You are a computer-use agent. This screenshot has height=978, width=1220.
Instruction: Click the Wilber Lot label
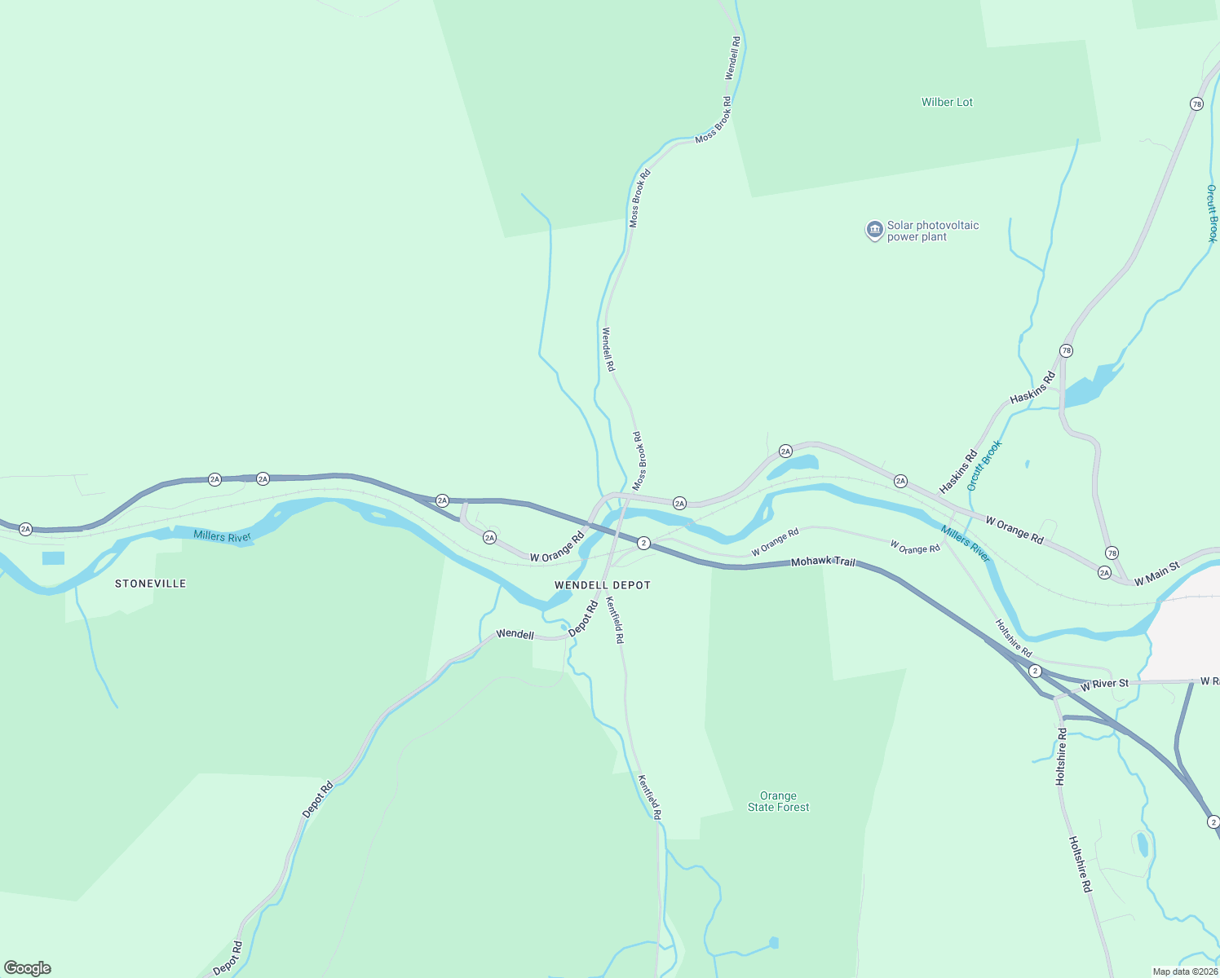tap(947, 102)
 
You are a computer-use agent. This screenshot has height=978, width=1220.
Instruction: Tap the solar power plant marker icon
tap(874, 231)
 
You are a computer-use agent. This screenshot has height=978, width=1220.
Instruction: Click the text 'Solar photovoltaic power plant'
tap(932, 231)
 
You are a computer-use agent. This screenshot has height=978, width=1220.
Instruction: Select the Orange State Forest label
tap(778, 801)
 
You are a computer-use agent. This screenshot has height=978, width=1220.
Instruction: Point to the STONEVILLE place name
tap(150, 584)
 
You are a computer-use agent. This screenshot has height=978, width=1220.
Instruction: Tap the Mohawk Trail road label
tap(823, 562)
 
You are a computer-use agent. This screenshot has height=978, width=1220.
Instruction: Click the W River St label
tap(1105, 685)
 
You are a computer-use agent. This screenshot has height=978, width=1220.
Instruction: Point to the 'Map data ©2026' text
tap(1185, 971)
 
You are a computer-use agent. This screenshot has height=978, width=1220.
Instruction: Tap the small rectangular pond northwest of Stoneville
tap(53, 558)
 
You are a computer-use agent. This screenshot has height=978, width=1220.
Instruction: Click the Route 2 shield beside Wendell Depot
tap(643, 543)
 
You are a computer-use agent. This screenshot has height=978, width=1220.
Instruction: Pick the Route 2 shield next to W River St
tap(1035, 671)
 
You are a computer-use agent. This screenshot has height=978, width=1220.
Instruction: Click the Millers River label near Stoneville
tap(222, 536)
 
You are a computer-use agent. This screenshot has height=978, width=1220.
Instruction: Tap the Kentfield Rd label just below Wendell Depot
tap(613, 620)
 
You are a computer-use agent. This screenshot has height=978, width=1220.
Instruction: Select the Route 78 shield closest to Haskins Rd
tap(1066, 350)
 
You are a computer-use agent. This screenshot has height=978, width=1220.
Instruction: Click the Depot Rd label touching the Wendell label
tap(583, 619)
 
